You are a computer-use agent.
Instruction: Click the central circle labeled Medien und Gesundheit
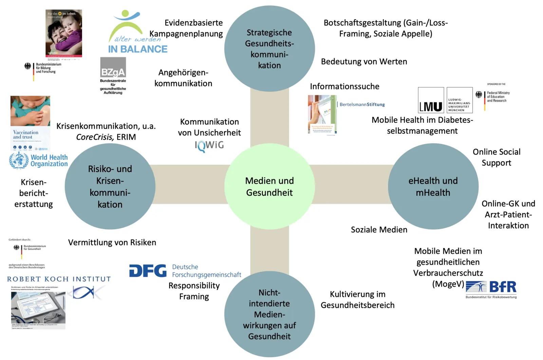tap(269, 186)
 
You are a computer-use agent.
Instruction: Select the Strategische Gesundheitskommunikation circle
tap(269, 49)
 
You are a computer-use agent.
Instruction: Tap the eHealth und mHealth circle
tap(433, 186)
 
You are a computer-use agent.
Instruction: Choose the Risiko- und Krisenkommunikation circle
tap(110, 186)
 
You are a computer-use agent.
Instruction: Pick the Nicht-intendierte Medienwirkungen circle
tap(269, 314)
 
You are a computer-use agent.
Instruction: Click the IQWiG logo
tap(209, 146)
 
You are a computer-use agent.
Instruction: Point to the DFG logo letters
tap(148, 271)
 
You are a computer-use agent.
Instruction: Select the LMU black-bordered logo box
tap(431, 100)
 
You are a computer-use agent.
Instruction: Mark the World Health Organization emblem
tap(19, 160)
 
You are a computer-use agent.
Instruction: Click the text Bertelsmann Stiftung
tap(362, 105)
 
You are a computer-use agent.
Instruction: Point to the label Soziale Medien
tap(379, 230)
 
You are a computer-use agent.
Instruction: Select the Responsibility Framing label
tap(194, 291)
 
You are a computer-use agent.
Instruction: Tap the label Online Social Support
tap(497, 157)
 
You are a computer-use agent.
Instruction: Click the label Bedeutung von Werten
tap(364, 62)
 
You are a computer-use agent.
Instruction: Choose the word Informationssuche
tap(344, 87)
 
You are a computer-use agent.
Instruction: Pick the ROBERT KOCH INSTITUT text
tap(59, 279)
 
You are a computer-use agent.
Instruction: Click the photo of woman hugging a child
tap(64, 33)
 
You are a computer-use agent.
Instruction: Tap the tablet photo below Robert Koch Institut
tap(38, 310)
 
